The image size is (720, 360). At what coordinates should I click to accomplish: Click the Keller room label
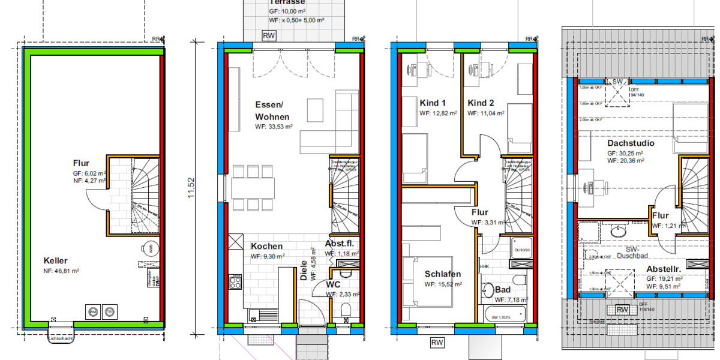(56, 261)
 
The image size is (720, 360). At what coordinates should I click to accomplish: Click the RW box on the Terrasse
(269, 36)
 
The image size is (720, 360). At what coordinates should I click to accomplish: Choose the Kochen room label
(266, 246)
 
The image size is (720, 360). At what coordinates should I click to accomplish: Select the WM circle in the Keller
(93, 312)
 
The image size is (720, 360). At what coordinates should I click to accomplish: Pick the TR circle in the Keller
(110, 312)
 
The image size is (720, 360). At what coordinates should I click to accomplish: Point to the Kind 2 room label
(481, 103)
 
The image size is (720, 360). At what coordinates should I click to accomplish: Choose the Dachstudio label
(630, 144)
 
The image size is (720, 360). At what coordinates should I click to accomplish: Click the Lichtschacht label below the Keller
(59, 342)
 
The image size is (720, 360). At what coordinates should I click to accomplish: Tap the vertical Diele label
(304, 274)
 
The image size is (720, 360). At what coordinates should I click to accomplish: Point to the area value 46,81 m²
(65, 271)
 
